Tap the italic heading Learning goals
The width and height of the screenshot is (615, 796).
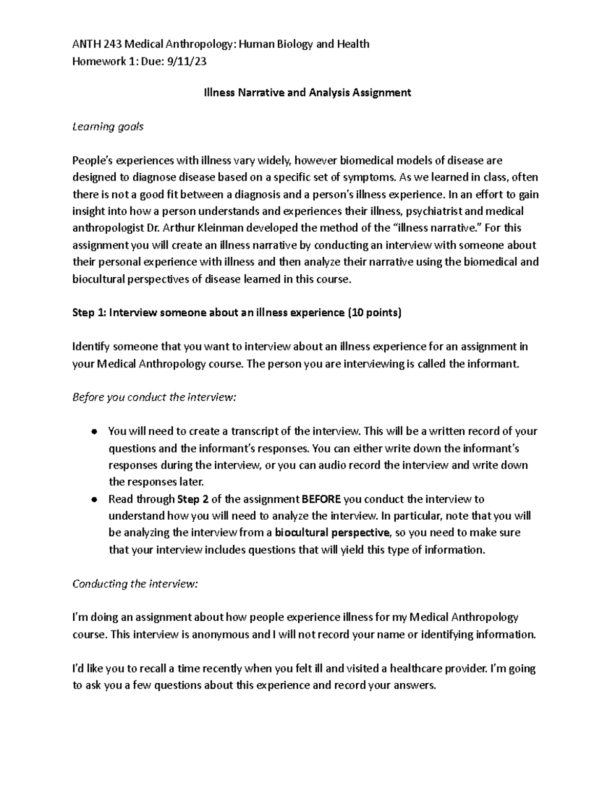tap(108, 127)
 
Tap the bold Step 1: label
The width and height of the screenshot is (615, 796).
tap(89, 313)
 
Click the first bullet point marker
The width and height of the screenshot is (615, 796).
tap(93, 432)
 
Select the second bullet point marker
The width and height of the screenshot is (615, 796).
tap(93, 499)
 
